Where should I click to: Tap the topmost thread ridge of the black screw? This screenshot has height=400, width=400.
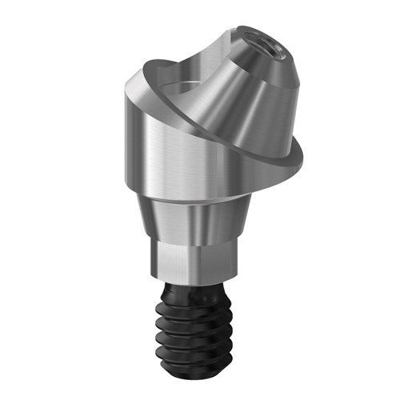point(196,300)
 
